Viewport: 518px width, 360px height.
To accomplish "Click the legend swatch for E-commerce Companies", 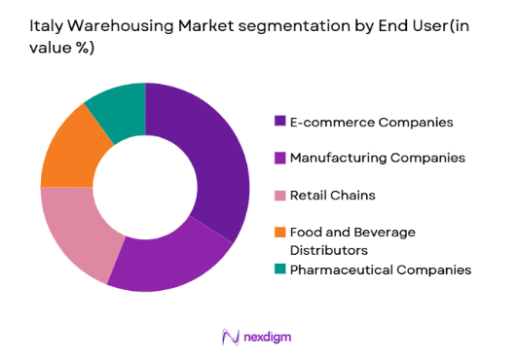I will pos(280,122).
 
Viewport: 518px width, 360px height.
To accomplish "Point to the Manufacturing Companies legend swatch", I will pos(280,158).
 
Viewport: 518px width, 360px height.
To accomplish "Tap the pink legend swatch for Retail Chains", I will pos(280,195).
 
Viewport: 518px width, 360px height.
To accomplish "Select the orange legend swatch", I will pos(280,232).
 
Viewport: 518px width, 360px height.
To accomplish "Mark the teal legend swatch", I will pos(280,269).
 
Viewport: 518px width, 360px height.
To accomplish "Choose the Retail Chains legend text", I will pos(334,195).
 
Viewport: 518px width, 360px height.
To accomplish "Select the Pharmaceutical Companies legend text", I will pos(384,269).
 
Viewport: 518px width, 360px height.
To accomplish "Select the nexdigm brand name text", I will pos(269,337).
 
